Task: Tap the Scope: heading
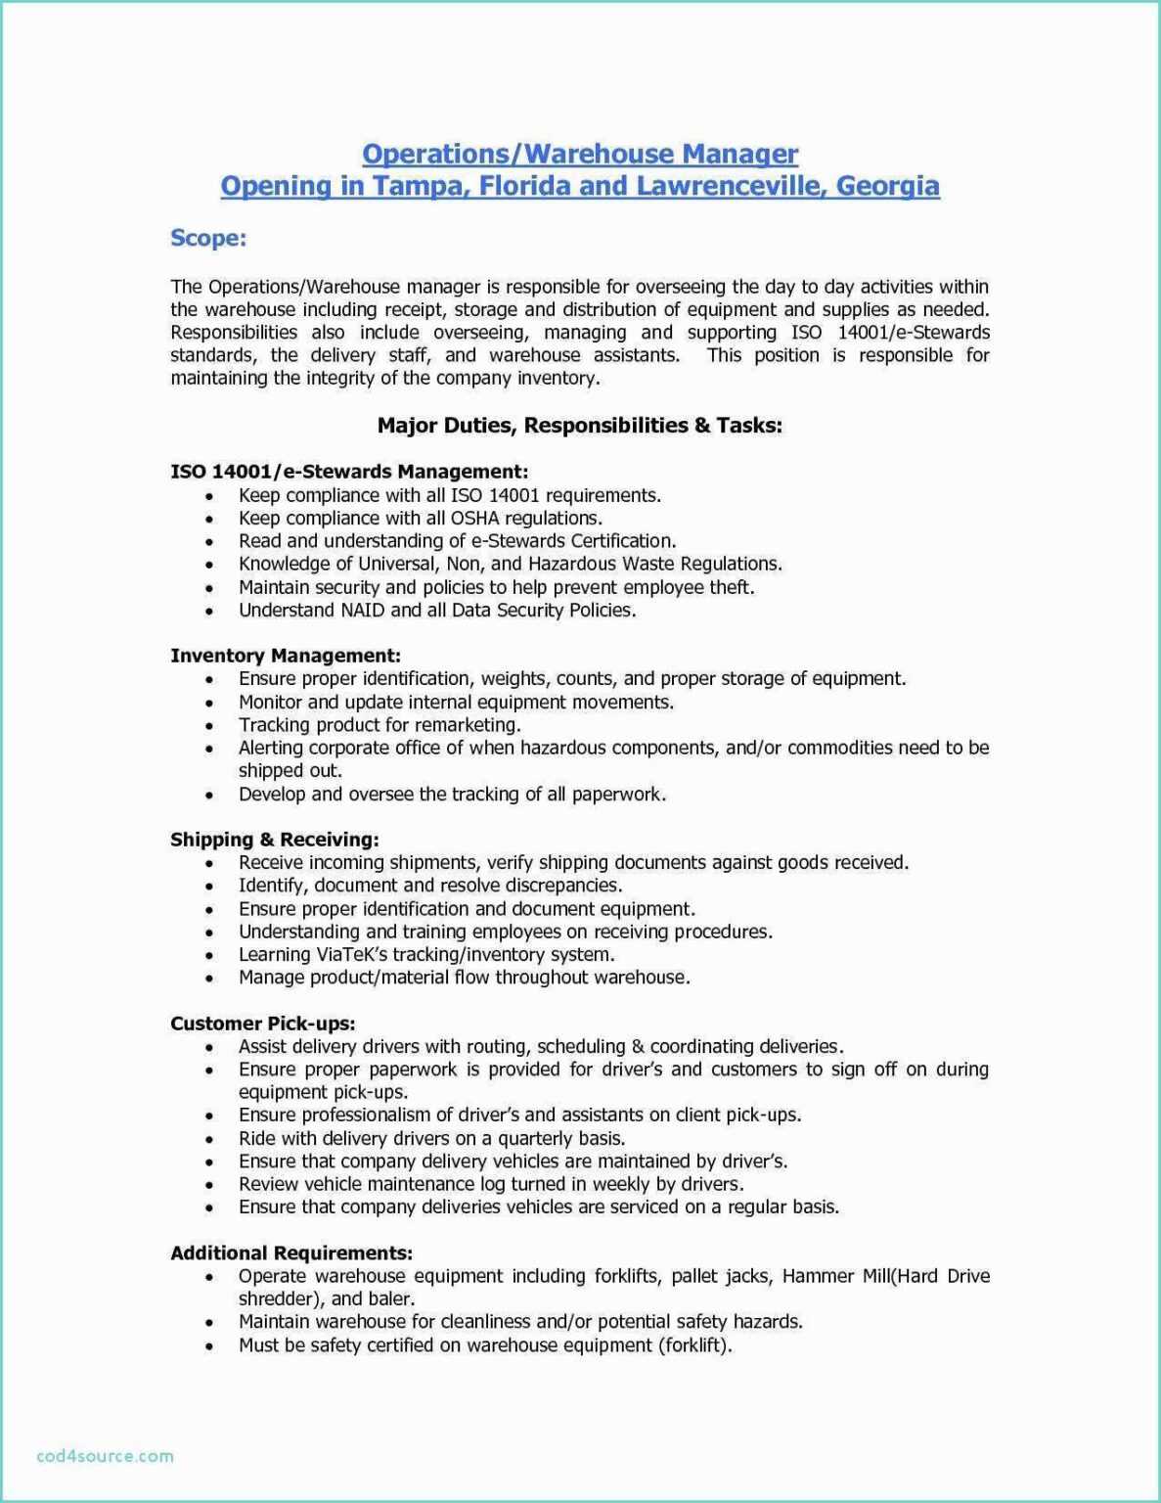pyautogui.click(x=208, y=238)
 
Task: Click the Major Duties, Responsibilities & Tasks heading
pyautogui.click(x=579, y=426)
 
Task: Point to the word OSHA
pyautogui.click(x=474, y=519)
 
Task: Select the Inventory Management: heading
pyautogui.click(x=286, y=656)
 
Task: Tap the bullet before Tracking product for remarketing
pyautogui.click(x=209, y=726)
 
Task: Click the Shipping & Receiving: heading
pyautogui.click(x=275, y=840)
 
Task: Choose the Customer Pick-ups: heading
pyautogui.click(x=262, y=1024)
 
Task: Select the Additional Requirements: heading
pyautogui.click(x=291, y=1253)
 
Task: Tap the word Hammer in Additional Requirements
pyautogui.click(x=816, y=1276)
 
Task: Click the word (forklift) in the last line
pyautogui.click(x=696, y=1345)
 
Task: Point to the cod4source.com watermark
pyautogui.click(x=105, y=1455)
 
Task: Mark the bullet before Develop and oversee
pyautogui.click(x=209, y=796)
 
